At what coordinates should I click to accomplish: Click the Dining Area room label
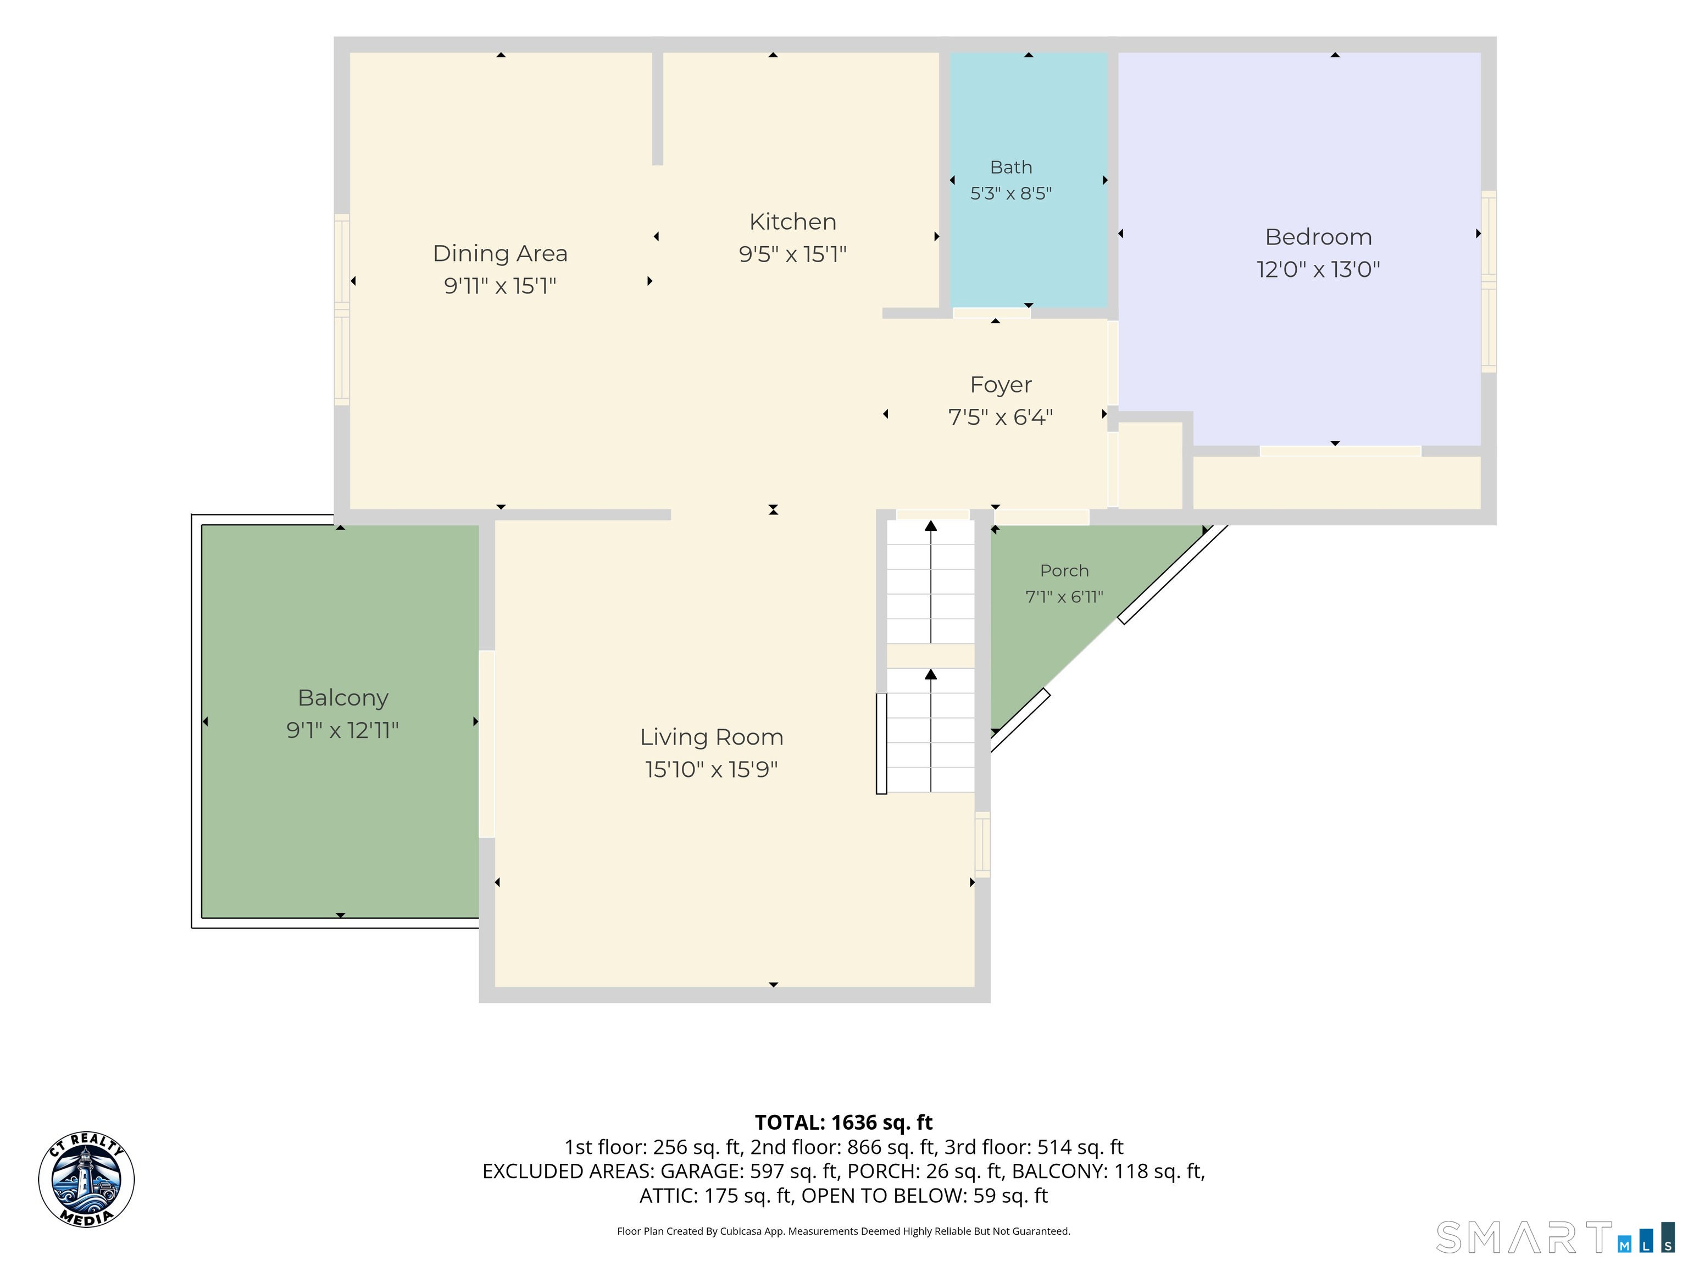point(500,253)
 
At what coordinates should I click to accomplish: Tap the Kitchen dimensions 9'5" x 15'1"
point(793,254)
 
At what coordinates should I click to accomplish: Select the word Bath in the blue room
point(1011,167)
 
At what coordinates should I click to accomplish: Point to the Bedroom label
point(1319,237)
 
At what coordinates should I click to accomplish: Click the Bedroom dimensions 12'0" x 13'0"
point(1319,269)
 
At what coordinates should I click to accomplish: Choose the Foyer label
point(1001,385)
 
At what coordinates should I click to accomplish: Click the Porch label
point(1064,571)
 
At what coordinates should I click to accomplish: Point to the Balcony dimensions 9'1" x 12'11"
point(343,730)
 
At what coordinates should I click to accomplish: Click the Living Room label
point(712,737)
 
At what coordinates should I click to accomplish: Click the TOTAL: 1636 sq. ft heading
point(844,1123)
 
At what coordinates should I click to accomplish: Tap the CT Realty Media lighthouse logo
point(86,1180)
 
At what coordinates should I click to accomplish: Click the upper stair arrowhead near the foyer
point(931,526)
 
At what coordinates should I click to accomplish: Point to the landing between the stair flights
point(931,656)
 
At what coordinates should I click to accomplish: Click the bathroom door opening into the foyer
point(992,313)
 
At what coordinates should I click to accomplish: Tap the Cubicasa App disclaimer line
point(844,1231)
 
